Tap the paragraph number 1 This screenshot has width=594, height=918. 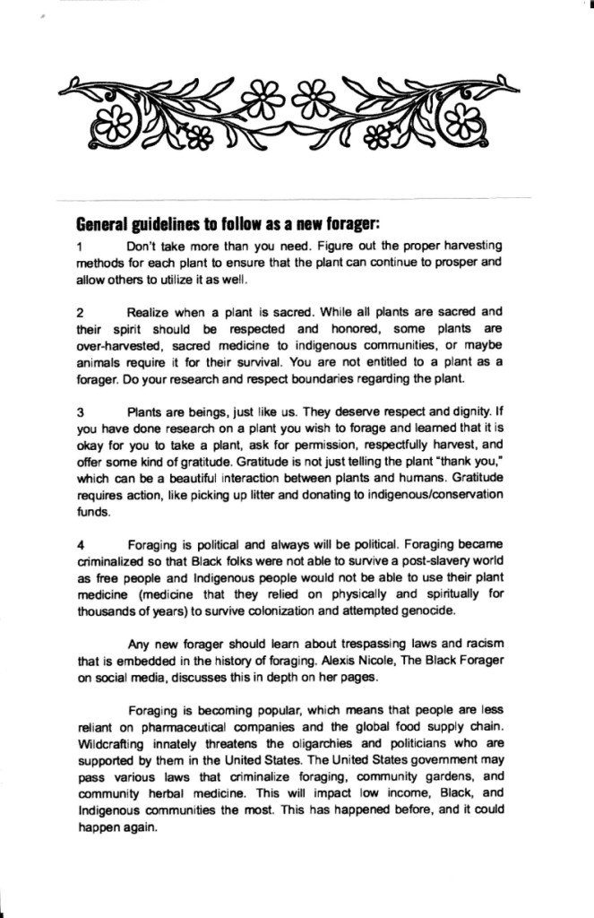point(81,246)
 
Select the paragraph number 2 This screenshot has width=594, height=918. point(81,312)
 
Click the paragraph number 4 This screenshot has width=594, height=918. point(81,543)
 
